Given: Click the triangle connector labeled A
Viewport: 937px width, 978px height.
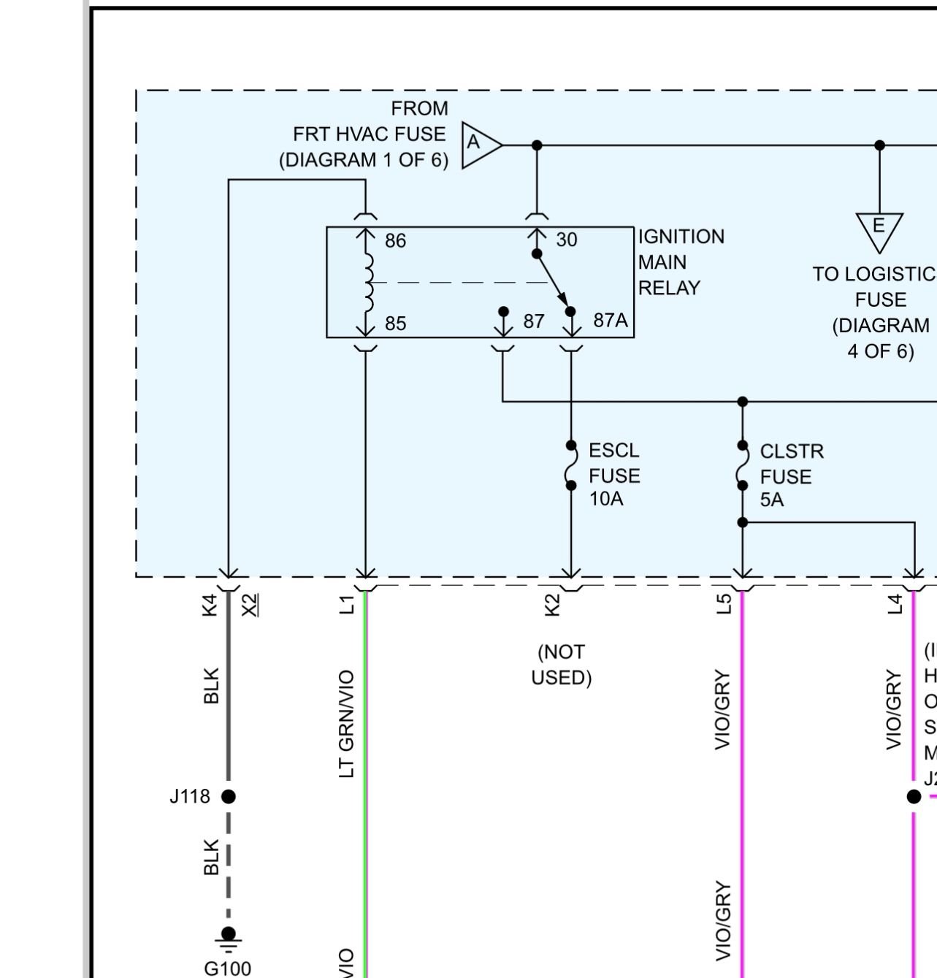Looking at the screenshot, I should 478,145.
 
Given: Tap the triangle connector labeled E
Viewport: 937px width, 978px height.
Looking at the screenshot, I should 879,228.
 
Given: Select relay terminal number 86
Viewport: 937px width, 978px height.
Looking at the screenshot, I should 395,241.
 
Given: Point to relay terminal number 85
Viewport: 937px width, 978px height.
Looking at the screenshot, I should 395,324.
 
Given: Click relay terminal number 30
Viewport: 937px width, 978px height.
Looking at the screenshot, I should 567,240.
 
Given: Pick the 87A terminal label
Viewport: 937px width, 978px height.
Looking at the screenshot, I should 611,321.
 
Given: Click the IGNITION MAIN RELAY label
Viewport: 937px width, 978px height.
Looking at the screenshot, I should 681,262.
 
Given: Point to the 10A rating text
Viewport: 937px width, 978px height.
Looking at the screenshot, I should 606,499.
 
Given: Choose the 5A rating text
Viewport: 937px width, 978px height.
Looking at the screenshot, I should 772,500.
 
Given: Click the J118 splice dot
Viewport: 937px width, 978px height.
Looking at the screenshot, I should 229,796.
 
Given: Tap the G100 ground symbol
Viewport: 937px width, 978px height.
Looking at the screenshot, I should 229,937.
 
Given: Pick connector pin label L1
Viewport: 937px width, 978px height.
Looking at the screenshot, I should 347,605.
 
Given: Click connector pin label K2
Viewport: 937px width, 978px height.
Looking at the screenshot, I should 553,605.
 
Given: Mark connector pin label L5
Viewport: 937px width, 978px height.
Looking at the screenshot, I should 723,605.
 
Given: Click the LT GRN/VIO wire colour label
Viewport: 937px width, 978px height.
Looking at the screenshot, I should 347,724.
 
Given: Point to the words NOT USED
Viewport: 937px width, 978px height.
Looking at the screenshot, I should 561,665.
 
